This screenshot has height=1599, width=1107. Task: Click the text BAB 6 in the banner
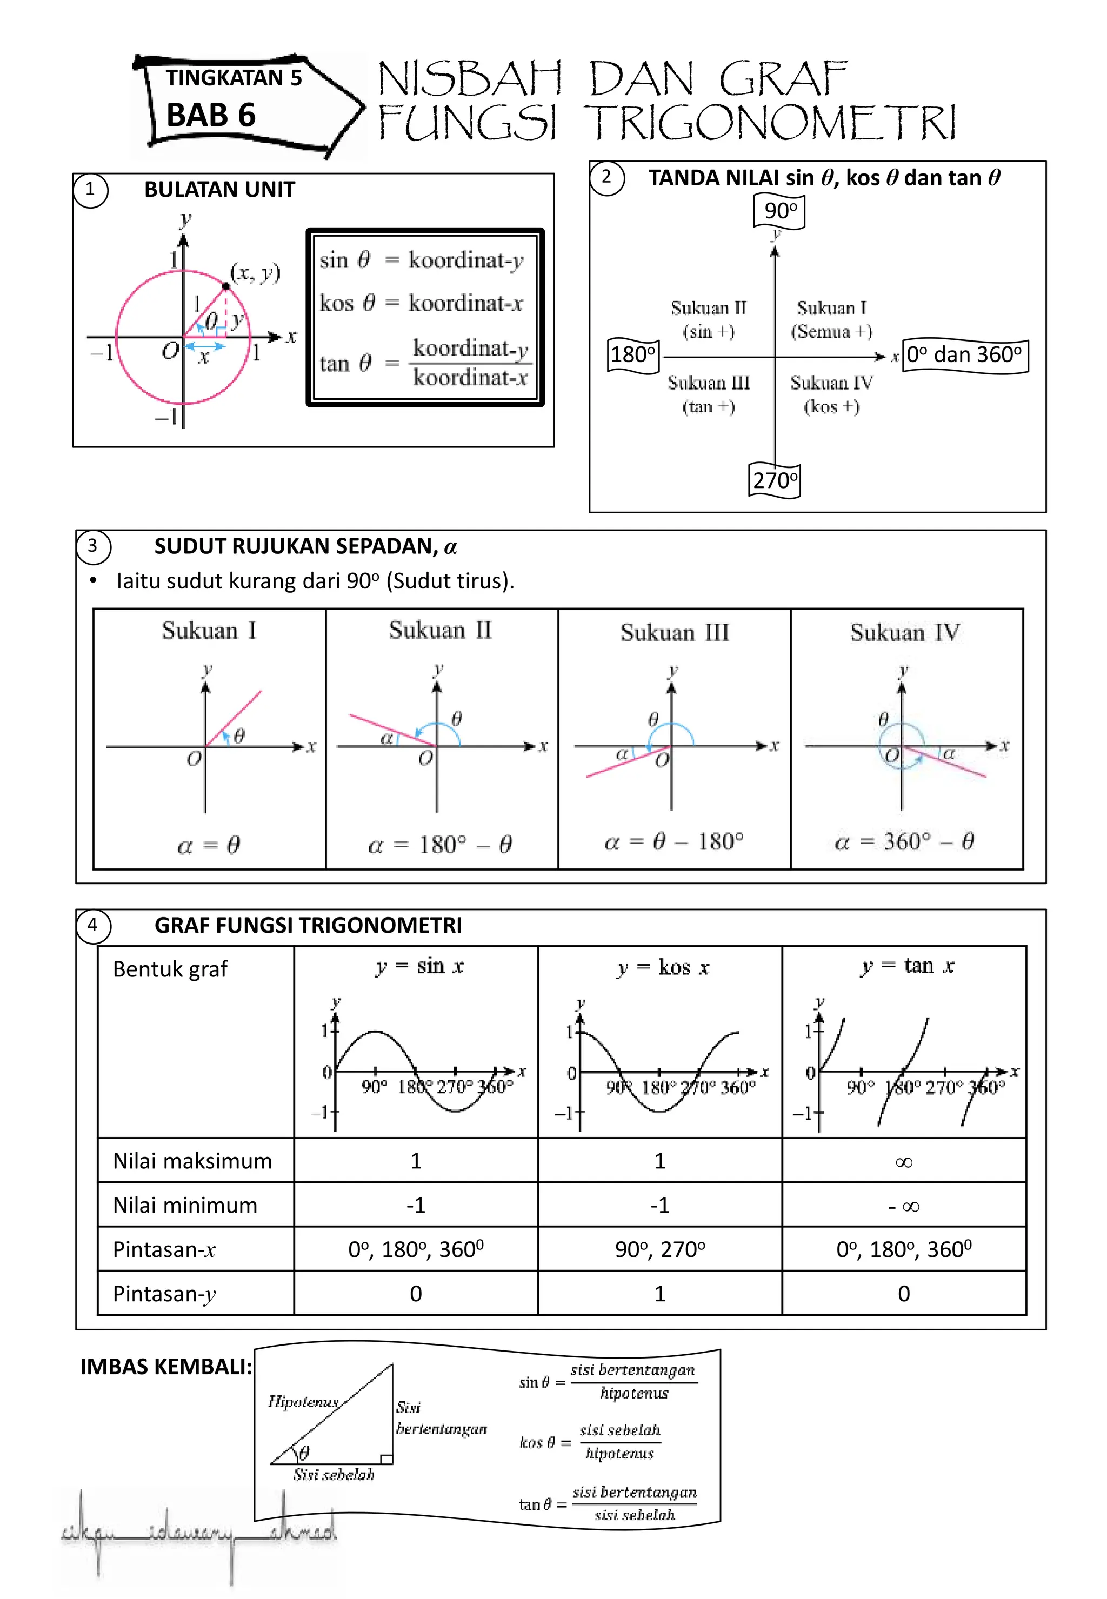click(211, 115)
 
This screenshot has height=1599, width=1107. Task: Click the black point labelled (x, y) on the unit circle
click(226, 286)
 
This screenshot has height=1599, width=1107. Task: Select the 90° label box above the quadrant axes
click(779, 211)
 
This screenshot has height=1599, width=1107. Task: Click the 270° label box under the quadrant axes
click(775, 480)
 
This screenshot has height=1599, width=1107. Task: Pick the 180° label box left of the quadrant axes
click(632, 355)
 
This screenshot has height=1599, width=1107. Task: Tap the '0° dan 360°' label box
click(964, 355)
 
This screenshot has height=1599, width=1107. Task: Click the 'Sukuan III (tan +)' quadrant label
click(709, 394)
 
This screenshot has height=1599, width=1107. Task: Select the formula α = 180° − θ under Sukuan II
click(440, 845)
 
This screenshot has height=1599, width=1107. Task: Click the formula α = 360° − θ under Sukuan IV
click(904, 842)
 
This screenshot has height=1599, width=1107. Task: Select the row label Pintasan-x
click(164, 1249)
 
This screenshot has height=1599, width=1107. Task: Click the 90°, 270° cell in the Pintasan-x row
click(659, 1249)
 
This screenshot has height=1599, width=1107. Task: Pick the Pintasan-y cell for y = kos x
click(659, 1294)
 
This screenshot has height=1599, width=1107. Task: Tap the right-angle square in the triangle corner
click(386, 1459)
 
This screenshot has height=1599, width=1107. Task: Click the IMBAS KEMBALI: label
click(166, 1367)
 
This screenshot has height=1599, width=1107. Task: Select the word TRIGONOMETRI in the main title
click(770, 122)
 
